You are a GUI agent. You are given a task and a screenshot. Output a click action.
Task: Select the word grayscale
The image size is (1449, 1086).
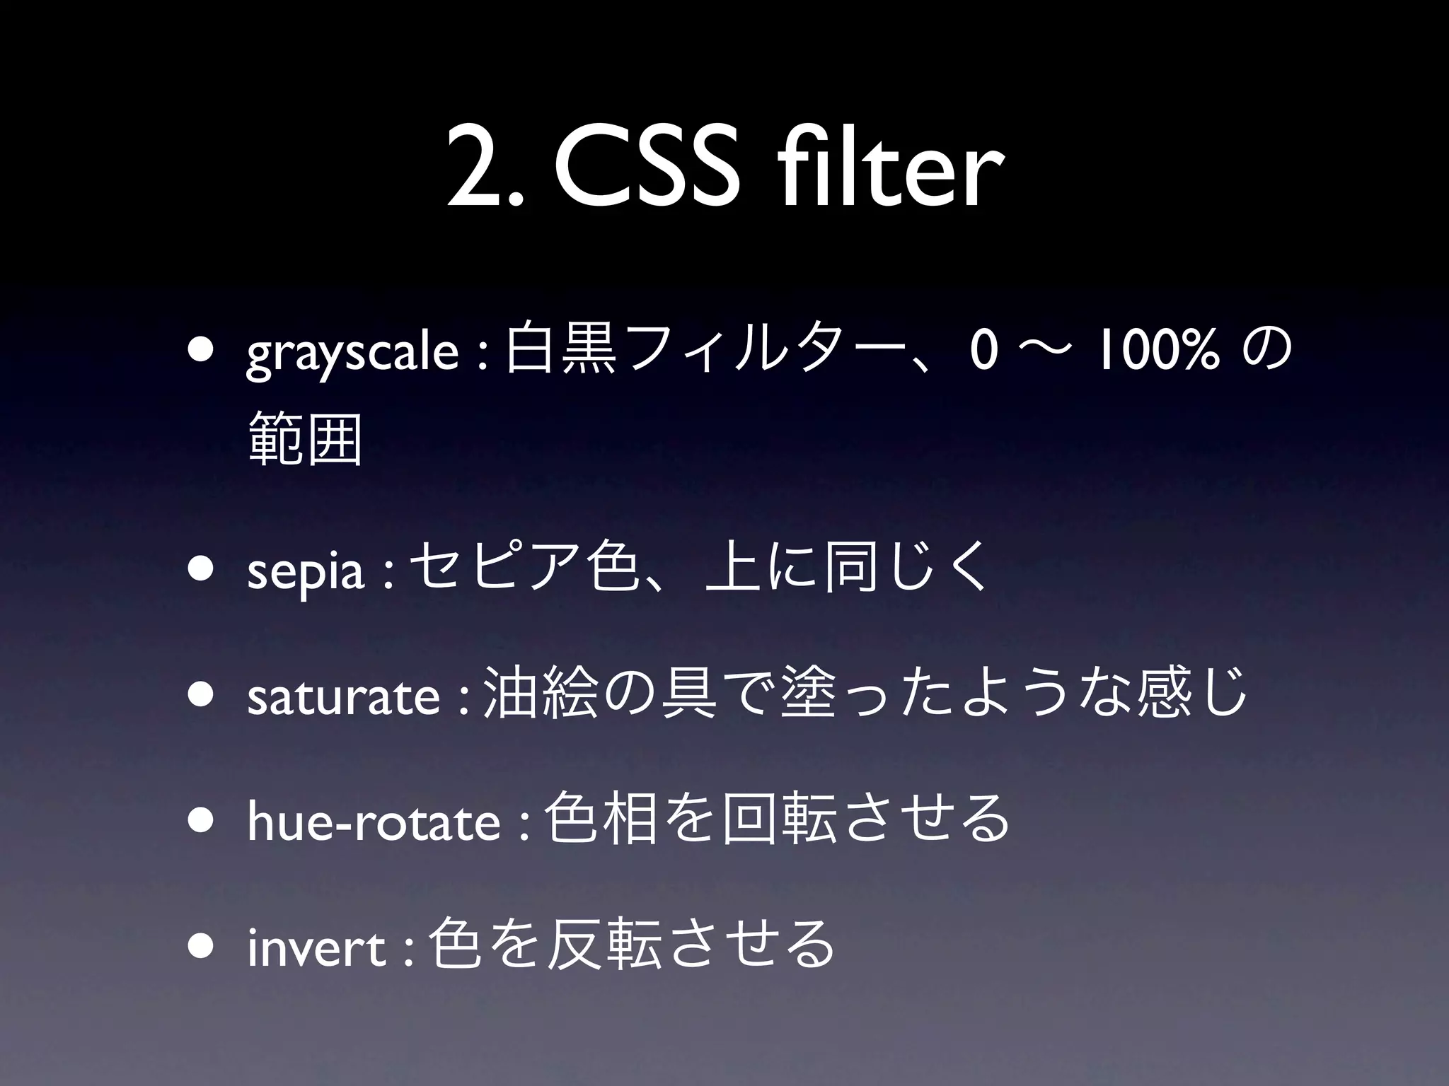tap(352, 354)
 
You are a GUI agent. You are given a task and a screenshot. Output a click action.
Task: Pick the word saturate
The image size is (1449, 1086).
tap(343, 696)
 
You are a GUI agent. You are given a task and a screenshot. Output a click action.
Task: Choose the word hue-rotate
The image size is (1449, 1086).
tap(374, 822)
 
